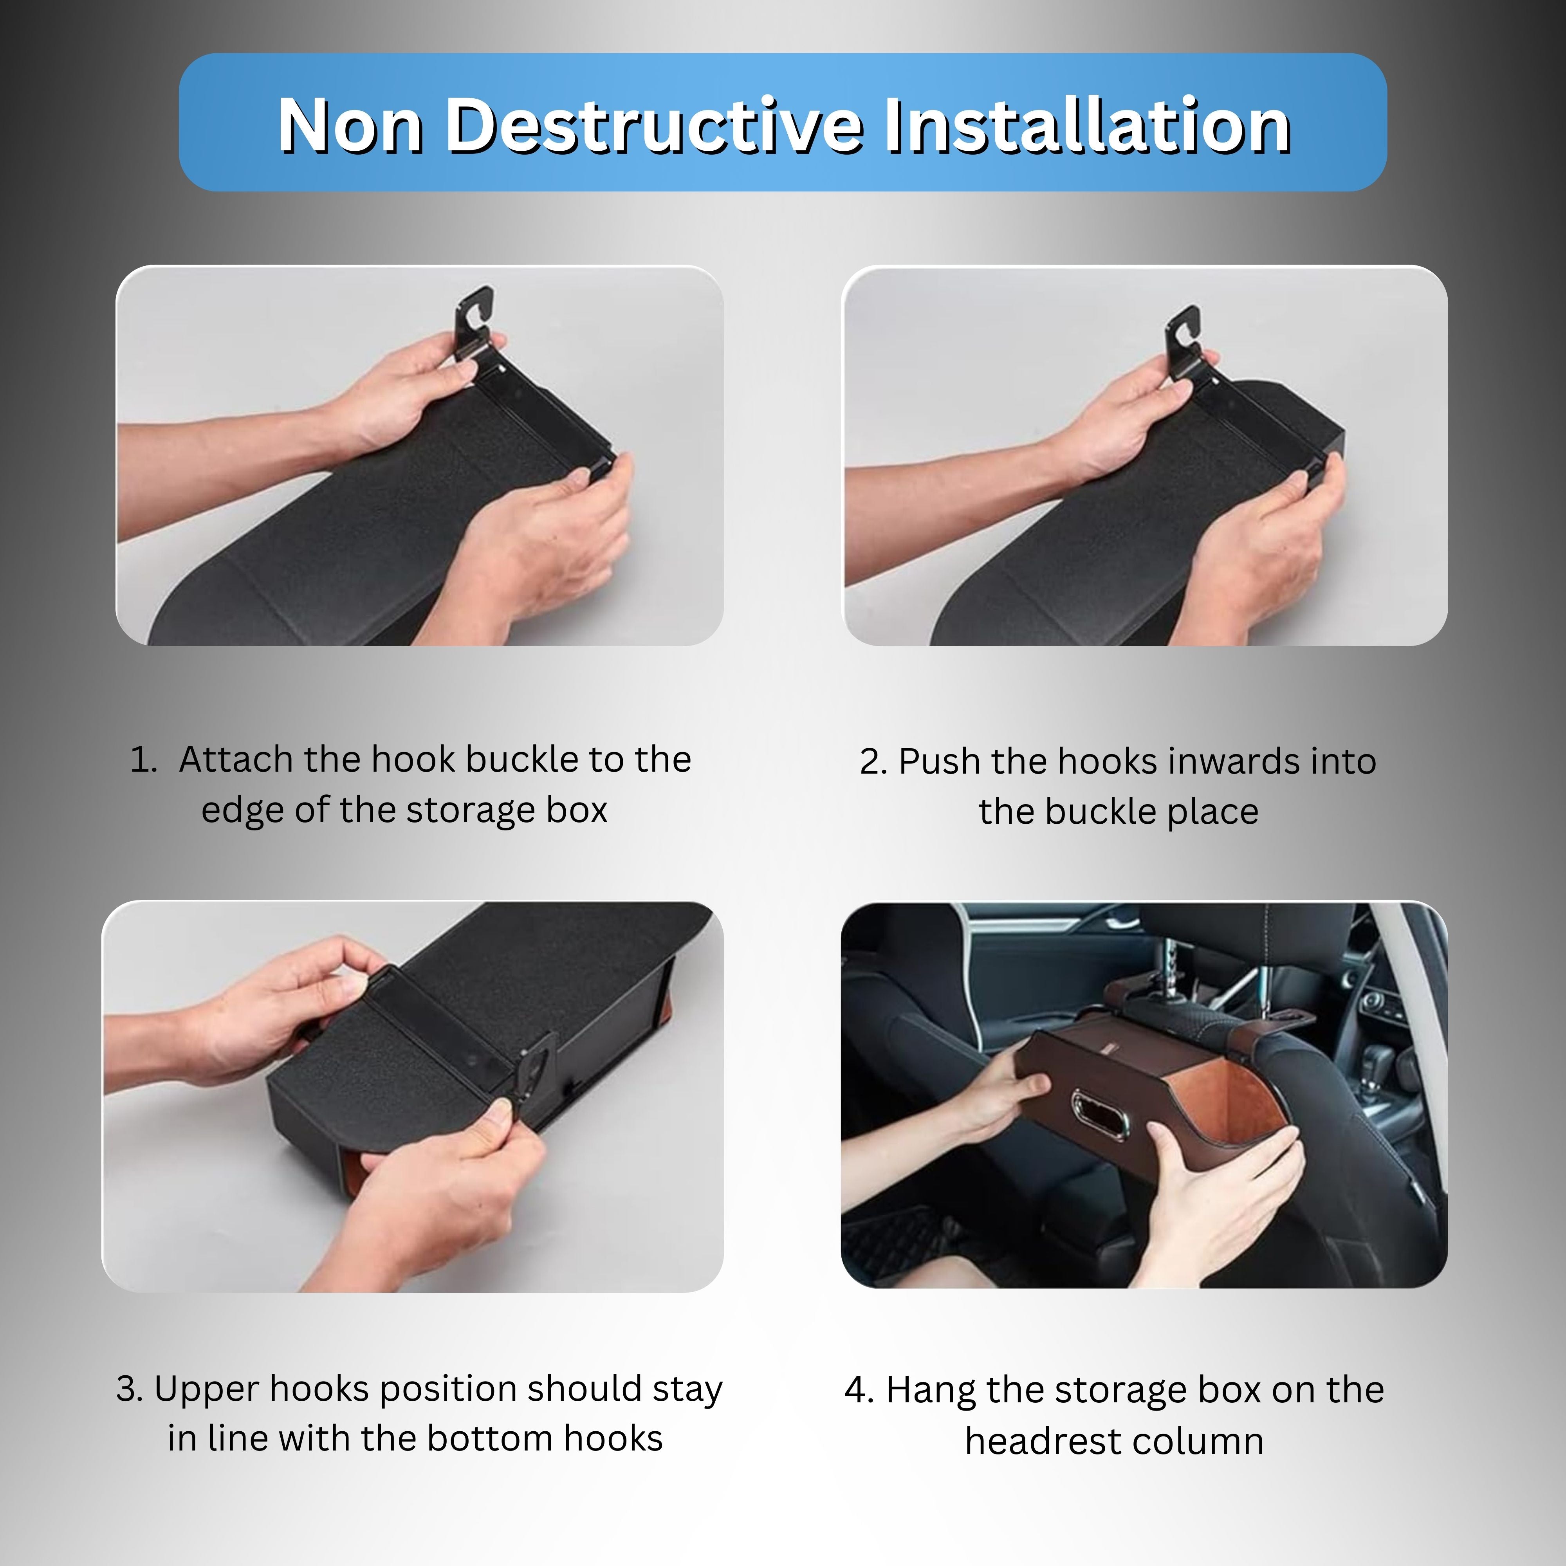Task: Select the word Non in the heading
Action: [x=350, y=126]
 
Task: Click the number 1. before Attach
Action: [x=143, y=760]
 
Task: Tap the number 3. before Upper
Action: [x=130, y=1389]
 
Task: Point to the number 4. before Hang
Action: [x=859, y=1390]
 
